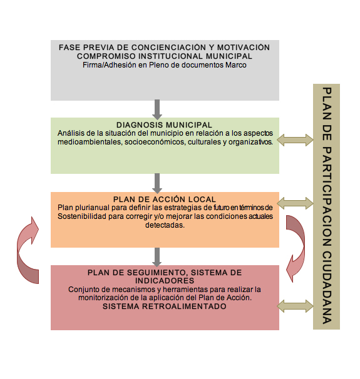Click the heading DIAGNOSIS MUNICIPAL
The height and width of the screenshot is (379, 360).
[x=164, y=125]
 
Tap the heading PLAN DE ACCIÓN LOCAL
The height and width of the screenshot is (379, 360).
[x=165, y=199]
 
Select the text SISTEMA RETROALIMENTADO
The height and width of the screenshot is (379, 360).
[x=165, y=306]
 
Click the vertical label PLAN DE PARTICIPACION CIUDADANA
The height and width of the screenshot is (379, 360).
[x=327, y=206]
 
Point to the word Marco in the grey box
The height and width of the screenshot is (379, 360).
[x=236, y=65]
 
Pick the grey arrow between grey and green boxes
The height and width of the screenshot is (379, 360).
[x=157, y=109]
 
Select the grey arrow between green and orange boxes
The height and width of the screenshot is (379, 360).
[x=157, y=183]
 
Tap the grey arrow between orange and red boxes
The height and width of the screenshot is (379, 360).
[x=157, y=257]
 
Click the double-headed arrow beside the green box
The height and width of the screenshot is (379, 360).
[x=295, y=140]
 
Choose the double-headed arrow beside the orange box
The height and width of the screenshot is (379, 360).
[x=295, y=203]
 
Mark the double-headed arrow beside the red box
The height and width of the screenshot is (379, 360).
[x=295, y=306]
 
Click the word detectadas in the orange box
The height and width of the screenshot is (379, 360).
[x=165, y=225]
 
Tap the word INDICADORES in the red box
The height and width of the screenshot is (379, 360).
[x=165, y=281]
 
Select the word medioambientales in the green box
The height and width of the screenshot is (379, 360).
[x=90, y=142]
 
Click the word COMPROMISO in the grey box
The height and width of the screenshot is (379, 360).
[x=106, y=56]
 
